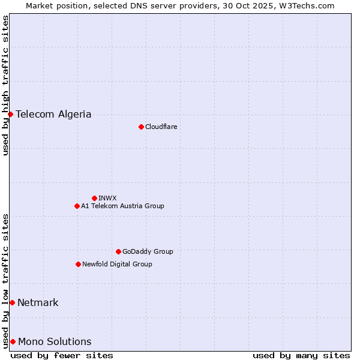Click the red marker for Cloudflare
coord(141,127)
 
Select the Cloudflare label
coord(161,127)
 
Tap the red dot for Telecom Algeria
coord(10,114)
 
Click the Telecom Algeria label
coord(53,114)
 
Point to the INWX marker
coord(94,198)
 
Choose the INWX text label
coord(107,198)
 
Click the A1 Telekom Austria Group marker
coord(77,206)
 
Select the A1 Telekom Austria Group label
coord(122,206)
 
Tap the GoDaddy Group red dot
coord(118,251)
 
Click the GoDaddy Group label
coord(148,251)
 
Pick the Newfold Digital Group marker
coord(78,264)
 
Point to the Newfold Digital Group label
coord(117,264)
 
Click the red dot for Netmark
coord(12,302)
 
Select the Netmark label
coord(38,302)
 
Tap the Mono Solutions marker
coord(13,341)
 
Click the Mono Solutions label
coord(55,341)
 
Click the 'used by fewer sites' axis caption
coord(62,355)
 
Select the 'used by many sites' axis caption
coord(301,355)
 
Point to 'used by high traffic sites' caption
coord(5,85)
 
